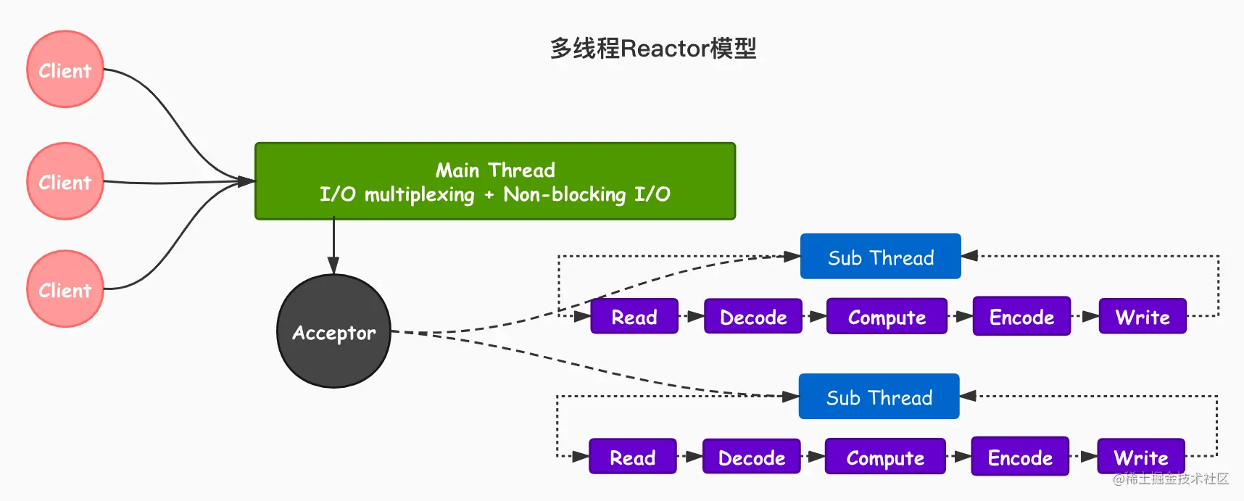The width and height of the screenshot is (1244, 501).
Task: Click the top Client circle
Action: [x=65, y=70]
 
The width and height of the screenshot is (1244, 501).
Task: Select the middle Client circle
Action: [x=65, y=181]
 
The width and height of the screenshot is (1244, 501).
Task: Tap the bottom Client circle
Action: [x=65, y=289]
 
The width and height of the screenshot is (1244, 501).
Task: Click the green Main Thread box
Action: [x=495, y=181]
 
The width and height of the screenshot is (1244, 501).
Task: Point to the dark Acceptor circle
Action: [x=333, y=331]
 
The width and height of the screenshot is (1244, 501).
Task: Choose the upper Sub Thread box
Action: [x=880, y=257]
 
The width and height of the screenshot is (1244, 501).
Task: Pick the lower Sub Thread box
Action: [x=879, y=397]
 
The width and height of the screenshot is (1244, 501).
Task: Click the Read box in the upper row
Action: [x=634, y=317]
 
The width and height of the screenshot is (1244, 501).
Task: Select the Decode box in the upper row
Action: [x=752, y=317]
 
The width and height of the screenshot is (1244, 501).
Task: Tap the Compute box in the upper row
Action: [x=887, y=317]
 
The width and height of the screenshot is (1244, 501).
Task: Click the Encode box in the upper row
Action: [x=1021, y=316]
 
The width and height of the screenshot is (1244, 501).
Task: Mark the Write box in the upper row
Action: [x=1143, y=317]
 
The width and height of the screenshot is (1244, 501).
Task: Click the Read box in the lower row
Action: [x=632, y=457]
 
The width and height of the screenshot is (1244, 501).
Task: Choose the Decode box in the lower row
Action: [x=751, y=457]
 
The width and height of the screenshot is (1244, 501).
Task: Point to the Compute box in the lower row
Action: [x=885, y=457]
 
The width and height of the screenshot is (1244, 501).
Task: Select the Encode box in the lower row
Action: [x=1020, y=457]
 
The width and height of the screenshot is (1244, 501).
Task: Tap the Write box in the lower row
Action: [x=1141, y=457]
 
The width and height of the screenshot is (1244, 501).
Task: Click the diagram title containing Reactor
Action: [x=653, y=49]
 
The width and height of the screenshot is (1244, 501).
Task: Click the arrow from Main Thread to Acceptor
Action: [x=333, y=247]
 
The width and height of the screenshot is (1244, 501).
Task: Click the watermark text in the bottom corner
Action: [x=1171, y=479]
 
